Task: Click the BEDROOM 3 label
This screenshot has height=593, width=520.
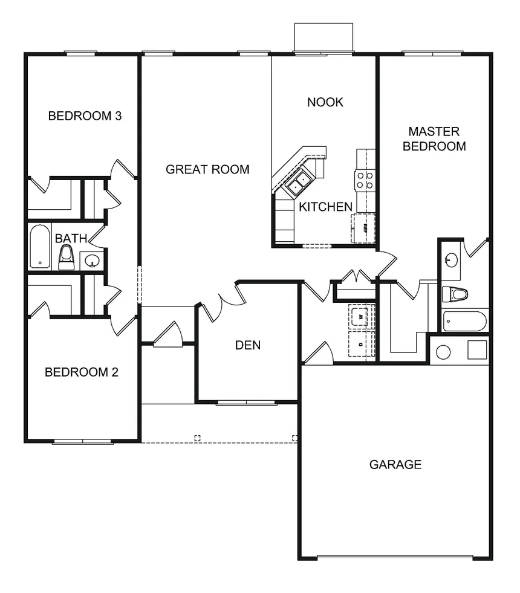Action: [85, 115]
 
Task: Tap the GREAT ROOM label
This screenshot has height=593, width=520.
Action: [207, 169]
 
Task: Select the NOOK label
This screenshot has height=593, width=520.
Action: [325, 102]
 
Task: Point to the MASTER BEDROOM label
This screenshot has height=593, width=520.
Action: [434, 139]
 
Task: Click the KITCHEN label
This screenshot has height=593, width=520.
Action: [326, 207]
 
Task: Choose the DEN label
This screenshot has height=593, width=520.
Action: [248, 345]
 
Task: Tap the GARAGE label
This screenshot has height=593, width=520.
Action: [395, 464]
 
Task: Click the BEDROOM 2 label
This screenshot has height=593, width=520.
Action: [82, 372]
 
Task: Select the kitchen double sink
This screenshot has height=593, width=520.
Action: [298, 183]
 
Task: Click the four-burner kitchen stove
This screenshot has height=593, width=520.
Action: [365, 181]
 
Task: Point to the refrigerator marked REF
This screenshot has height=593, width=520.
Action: [363, 228]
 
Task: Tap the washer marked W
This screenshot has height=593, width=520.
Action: [361, 316]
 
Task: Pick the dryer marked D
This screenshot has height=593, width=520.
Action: [361, 344]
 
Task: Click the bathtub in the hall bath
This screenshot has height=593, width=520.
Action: [40, 247]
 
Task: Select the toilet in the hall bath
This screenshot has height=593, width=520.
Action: [66, 258]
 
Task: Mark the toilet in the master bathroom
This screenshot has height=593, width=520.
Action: [455, 294]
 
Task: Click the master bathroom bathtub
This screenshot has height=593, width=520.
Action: [465, 321]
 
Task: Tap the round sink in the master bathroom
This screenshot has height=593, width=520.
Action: [451, 260]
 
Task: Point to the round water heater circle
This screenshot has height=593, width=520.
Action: [443, 352]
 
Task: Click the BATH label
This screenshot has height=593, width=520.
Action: [71, 239]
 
